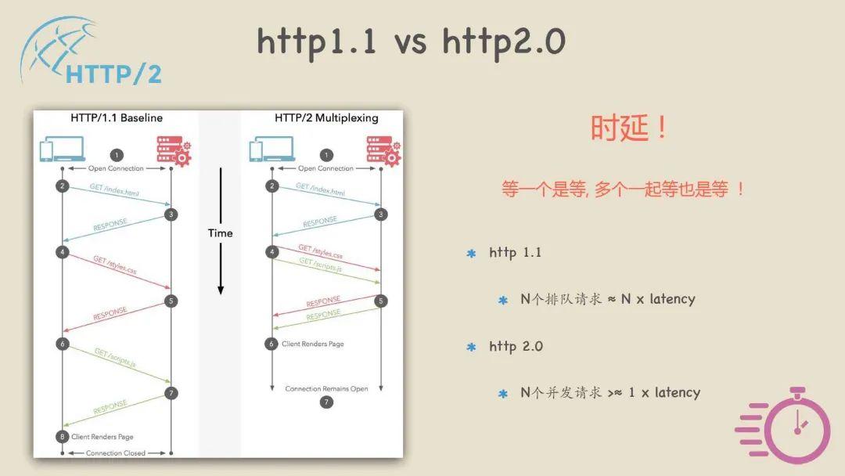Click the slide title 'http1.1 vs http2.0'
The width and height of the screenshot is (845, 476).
point(411,41)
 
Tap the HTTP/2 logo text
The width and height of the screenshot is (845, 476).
point(114,74)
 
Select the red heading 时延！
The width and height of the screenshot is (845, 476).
point(630,128)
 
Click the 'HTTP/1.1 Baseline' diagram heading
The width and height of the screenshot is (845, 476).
point(117,118)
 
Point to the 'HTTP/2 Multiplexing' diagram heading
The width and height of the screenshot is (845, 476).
point(326,118)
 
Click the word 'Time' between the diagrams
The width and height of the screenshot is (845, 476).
point(220,233)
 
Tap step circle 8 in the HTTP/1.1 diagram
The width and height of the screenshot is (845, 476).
point(63,436)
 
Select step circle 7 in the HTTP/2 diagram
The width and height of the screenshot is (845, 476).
point(327,402)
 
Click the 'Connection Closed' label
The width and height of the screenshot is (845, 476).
point(115,453)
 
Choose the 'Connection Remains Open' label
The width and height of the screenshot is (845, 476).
point(326,389)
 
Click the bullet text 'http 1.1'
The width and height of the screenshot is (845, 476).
point(515,253)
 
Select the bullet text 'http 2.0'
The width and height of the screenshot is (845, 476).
point(516,346)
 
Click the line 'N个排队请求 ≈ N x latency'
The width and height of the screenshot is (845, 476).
point(607,299)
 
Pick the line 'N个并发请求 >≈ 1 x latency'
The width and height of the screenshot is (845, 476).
point(610,392)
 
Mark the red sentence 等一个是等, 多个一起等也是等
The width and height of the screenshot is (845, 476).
point(623,189)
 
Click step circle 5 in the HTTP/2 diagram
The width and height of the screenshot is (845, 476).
point(381,301)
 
